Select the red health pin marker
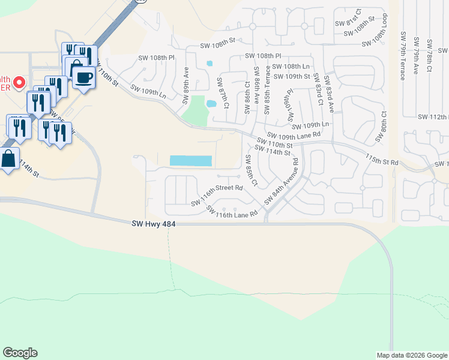19,82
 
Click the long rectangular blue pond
191,161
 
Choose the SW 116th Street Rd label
217,196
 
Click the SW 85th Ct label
251,170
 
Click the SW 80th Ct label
380,127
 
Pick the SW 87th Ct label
223,93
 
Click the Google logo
20,353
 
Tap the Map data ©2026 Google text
411,355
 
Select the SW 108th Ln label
291,67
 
